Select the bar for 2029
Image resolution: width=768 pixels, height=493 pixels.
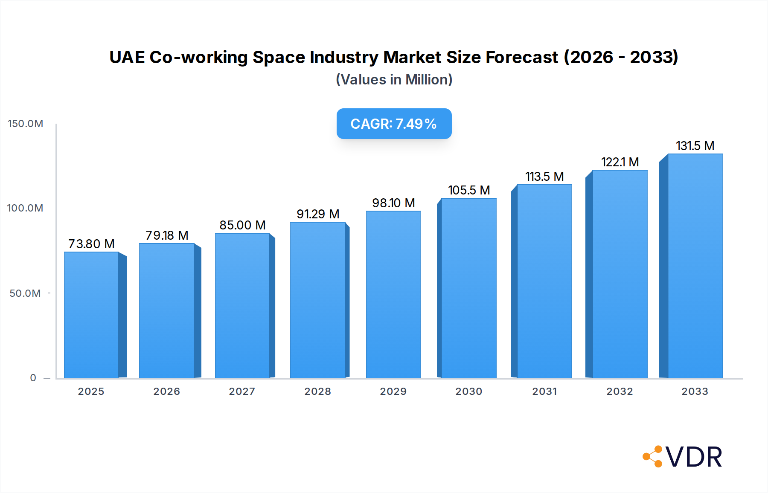(393, 294)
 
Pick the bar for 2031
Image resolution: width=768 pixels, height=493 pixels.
(544, 281)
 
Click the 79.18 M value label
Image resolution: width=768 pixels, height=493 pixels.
(167, 235)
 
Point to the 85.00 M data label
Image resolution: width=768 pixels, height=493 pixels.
(242, 225)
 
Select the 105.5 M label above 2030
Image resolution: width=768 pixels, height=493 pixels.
(468, 190)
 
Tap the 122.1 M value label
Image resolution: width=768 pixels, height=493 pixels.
(620, 162)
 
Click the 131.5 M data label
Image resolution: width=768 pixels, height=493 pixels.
(695, 146)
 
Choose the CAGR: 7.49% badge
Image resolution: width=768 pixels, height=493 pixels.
(394, 124)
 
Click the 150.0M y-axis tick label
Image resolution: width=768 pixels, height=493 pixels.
(26, 124)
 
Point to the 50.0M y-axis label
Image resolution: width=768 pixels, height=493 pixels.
(25, 293)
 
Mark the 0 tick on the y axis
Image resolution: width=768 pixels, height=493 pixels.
(33, 378)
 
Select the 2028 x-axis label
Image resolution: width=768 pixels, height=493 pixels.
(317, 391)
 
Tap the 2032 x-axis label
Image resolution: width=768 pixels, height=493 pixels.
(620, 391)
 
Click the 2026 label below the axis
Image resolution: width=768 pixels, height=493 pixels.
(166, 391)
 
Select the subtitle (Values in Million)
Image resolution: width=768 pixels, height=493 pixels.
(394, 80)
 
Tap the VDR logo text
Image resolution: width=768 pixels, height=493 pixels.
(693, 457)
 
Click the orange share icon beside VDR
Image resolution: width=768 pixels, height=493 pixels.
(653, 457)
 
